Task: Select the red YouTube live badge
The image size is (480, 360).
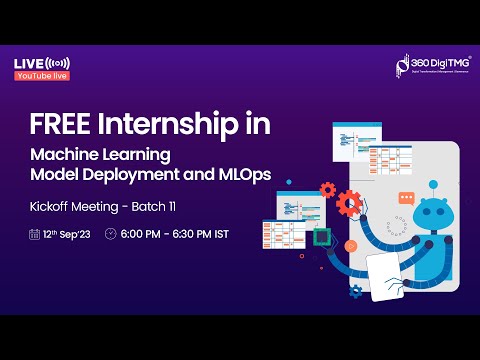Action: point(42,74)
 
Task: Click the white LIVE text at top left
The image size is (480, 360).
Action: point(28,63)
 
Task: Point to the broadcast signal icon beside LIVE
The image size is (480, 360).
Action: point(58,63)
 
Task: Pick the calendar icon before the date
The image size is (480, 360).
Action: point(35,234)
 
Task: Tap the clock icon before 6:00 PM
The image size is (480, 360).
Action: point(111,234)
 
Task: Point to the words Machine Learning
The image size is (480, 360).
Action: point(100,155)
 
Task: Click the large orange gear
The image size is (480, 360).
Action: point(349,205)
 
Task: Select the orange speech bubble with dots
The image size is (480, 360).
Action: point(405,198)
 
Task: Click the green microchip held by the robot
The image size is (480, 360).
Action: point(322,237)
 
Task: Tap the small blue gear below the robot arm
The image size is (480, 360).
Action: point(356,291)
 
